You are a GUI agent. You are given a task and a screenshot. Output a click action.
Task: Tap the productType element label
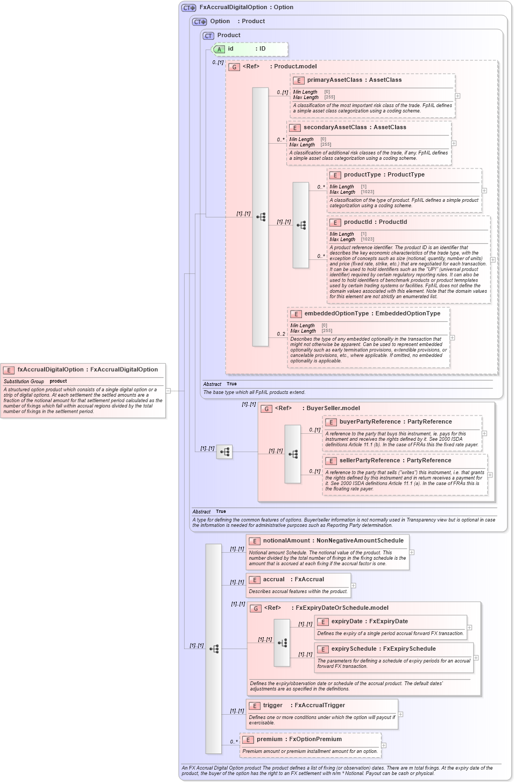362,174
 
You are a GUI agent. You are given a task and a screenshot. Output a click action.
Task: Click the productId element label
358,222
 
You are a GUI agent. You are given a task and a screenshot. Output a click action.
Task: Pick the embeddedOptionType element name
336,313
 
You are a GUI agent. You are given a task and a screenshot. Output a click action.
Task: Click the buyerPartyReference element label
370,421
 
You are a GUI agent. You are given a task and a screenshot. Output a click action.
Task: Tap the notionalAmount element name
286,540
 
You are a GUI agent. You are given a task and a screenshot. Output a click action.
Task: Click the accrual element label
273,579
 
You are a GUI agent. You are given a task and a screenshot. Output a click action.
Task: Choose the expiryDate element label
347,621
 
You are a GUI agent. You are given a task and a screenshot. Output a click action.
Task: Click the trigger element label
272,705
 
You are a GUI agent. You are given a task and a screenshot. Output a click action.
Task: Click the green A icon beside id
219,49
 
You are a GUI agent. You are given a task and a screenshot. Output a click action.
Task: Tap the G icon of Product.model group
234,67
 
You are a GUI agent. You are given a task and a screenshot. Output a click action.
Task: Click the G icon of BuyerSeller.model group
266,408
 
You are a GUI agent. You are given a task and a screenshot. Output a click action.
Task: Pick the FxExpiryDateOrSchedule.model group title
342,608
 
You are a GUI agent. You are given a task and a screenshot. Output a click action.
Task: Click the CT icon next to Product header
208,36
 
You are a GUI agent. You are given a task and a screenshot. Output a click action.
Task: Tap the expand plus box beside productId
493,259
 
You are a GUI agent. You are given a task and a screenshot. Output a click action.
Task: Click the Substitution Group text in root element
24,381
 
